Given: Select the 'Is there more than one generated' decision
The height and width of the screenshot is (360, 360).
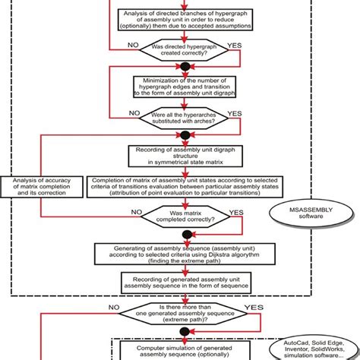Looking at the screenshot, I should click(180, 314).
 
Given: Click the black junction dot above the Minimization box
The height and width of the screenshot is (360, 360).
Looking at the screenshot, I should click(180, 68).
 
